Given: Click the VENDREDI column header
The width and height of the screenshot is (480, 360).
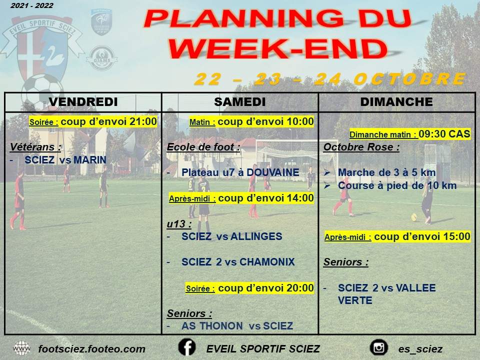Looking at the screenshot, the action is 83,102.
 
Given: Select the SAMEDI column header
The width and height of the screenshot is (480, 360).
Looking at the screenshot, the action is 240,102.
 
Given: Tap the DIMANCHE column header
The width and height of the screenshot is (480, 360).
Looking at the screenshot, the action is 396,102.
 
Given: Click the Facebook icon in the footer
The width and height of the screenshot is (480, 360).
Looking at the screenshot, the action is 187,347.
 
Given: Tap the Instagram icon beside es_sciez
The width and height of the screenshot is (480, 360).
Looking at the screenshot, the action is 379,347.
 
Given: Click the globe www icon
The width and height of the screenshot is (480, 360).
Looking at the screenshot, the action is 21,348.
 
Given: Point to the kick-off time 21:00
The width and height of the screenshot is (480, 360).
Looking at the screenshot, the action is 143,121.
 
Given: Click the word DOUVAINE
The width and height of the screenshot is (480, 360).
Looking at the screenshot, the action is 273,172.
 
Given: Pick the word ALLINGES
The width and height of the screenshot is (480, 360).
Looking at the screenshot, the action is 256,236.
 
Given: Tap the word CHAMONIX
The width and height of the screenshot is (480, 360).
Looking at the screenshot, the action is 267,261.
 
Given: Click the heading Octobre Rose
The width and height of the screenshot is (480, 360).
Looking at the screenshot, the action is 361,147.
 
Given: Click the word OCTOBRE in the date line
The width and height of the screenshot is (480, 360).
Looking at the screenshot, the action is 410,79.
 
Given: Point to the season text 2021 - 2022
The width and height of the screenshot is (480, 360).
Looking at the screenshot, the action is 32,5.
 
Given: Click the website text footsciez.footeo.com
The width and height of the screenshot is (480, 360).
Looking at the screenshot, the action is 92,349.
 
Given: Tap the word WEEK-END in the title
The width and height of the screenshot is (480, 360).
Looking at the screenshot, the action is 278,48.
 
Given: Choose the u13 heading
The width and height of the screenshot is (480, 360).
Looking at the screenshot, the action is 179,224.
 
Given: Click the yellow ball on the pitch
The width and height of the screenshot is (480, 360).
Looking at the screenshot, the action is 414,217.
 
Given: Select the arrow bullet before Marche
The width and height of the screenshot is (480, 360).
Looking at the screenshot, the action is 327,172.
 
